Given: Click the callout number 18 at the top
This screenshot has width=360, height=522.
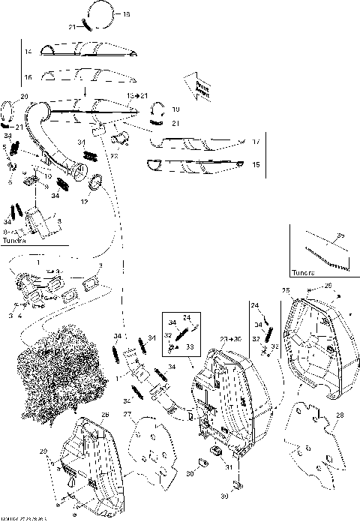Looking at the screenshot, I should point(125,14).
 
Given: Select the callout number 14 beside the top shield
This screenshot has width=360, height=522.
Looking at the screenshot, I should point(27,51).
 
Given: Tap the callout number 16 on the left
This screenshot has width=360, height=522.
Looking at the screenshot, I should point(27,77).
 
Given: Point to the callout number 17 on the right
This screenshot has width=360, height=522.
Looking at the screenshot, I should point(256,141).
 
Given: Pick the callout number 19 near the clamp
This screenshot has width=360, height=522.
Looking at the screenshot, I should point(176,109).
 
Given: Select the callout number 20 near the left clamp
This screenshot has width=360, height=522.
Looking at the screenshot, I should point(23,97).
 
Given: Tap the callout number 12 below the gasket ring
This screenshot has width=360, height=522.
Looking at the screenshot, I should point(85,202).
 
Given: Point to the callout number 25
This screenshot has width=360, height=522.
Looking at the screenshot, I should point(285,289).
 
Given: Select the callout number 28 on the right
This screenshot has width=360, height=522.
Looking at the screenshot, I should point(340,415).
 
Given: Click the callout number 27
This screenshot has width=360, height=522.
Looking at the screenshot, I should point(127,414).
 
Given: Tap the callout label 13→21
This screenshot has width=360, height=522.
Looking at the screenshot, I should point(137,96).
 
